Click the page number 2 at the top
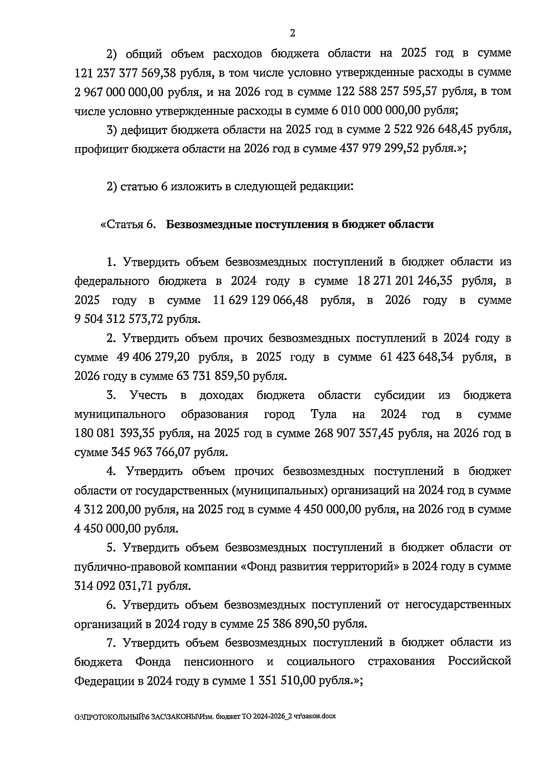(293, 33)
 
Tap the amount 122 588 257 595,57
(386, 91)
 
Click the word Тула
(324, 415)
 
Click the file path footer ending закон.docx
(205, 716)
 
